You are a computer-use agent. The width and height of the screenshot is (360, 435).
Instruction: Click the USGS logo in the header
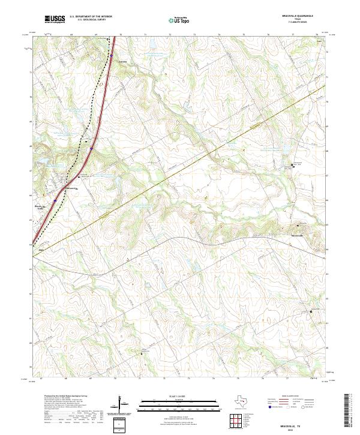[55, 20]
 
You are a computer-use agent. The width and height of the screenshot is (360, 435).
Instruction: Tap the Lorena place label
[124, 61]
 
